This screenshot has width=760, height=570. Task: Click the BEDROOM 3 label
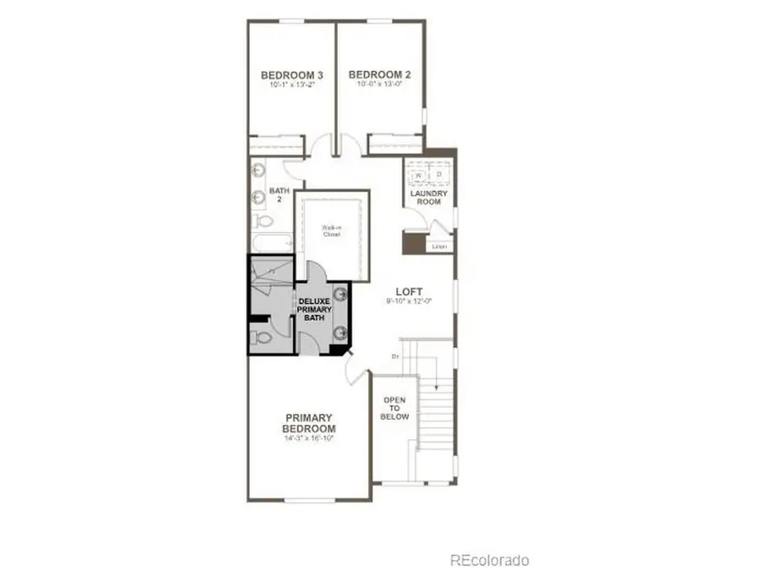290,74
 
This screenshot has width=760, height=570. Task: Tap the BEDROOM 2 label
378,74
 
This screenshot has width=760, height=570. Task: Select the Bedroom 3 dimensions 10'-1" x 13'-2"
290,85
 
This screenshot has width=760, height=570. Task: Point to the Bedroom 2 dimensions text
378,84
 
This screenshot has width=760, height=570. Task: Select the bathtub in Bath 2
269,243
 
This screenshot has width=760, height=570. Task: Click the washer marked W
418,175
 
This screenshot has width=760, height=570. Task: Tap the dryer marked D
439,175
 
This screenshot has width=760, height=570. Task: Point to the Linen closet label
438,247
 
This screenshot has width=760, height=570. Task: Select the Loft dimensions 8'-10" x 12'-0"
410,301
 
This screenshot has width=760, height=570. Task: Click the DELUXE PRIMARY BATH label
314,310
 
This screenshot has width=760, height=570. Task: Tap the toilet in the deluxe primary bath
262,338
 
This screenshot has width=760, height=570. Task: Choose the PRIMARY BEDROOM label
309,423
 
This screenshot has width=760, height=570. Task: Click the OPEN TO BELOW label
395,409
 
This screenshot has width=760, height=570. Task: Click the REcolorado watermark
489,560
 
